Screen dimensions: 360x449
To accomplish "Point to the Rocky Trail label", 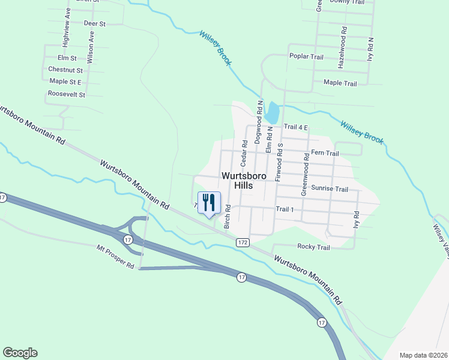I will click(313, 247).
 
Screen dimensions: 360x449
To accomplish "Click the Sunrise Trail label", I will click(330, 189).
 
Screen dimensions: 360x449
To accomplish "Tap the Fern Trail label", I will click(325, 154).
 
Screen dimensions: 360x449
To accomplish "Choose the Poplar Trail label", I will click(306, 56).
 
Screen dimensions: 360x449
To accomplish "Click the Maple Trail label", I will click(340, 83).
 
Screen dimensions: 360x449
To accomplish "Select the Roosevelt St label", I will click(67, 94).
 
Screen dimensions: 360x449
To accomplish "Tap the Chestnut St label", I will click(65, 70).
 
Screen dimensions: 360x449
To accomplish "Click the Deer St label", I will click(95, 23).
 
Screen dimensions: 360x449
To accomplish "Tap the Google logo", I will click(20, 353).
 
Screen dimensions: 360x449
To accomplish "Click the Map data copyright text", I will click(424, 355).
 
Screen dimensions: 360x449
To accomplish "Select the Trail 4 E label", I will click(295, 127).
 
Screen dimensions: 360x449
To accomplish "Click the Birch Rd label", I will click(228, 217).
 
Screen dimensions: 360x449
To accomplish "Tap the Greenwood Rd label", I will click(305, 175).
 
